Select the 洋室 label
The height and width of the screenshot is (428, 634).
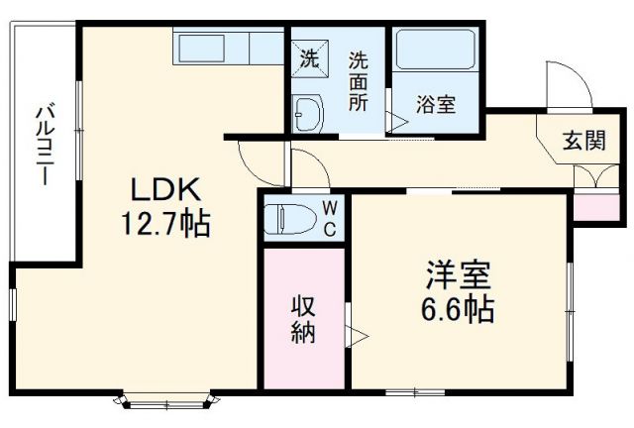tap(460, 273)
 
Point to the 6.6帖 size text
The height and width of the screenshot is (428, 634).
tap(460, 308)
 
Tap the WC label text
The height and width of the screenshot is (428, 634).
tap(330, 218)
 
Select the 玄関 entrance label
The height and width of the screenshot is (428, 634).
tap(584, 140)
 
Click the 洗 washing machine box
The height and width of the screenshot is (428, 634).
tap(309, 58)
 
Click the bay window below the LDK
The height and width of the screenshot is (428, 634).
tap(164, 402)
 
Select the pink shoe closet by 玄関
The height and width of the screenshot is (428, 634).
tap(592, 207)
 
